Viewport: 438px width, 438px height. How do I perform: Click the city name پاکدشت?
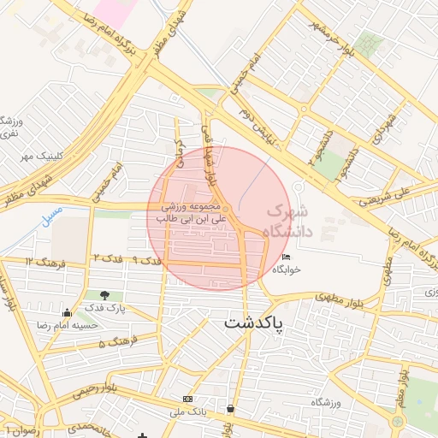[x=254, y=324]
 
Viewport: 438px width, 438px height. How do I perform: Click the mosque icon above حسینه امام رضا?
[x=67, y=312]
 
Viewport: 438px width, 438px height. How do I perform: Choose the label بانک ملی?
[x=188, y=412]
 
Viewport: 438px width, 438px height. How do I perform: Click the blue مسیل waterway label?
[x=52, y=209]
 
